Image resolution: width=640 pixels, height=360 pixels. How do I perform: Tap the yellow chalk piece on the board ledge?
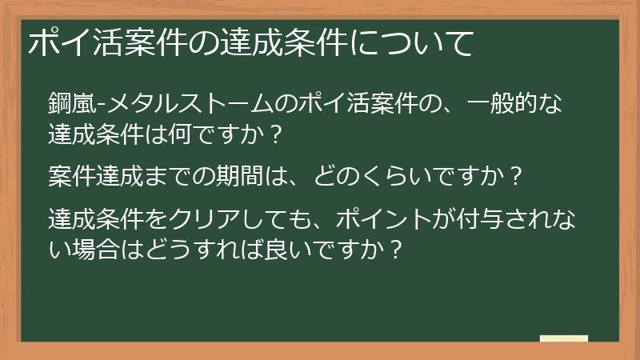click(x=563, y=338)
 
